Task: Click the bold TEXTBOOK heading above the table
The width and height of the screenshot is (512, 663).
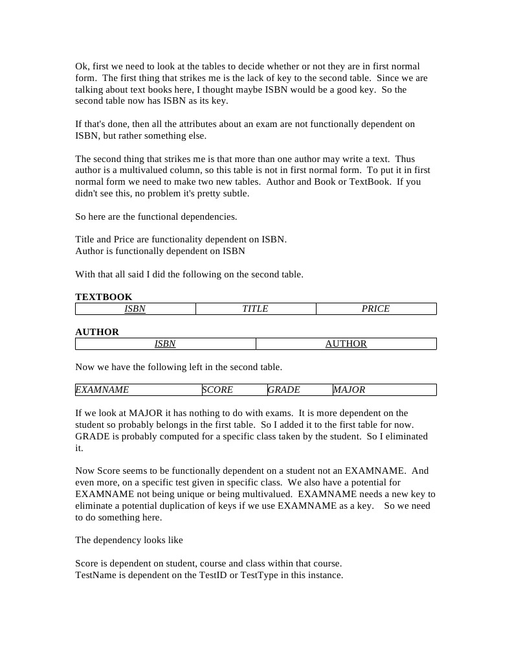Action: [x=104, y=297]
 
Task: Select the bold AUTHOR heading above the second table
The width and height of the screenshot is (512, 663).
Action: [x=97, y=332]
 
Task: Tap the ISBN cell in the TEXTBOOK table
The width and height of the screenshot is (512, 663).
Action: [x=135, y=309]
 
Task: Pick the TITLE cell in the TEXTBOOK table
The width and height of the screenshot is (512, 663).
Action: [x=255, y=309]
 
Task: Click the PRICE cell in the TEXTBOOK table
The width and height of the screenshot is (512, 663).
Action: [x=375, y=309]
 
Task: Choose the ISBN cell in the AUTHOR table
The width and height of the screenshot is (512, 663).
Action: [x=165, y=344]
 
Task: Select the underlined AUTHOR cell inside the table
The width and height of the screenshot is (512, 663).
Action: [x=346, y=344]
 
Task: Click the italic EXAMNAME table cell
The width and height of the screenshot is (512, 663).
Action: [x=102, y=390]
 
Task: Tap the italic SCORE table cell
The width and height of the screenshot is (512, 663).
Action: [x=217, y=390]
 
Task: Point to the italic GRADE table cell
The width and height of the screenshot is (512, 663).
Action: [x=284, y=390]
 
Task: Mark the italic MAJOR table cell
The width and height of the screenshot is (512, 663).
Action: [x=349, y=390]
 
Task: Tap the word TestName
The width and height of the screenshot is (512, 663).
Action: [x=96, y=575]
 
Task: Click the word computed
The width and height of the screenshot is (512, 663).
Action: [x=164, y=436]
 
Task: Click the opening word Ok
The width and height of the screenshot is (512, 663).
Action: [x=82, y=66]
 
